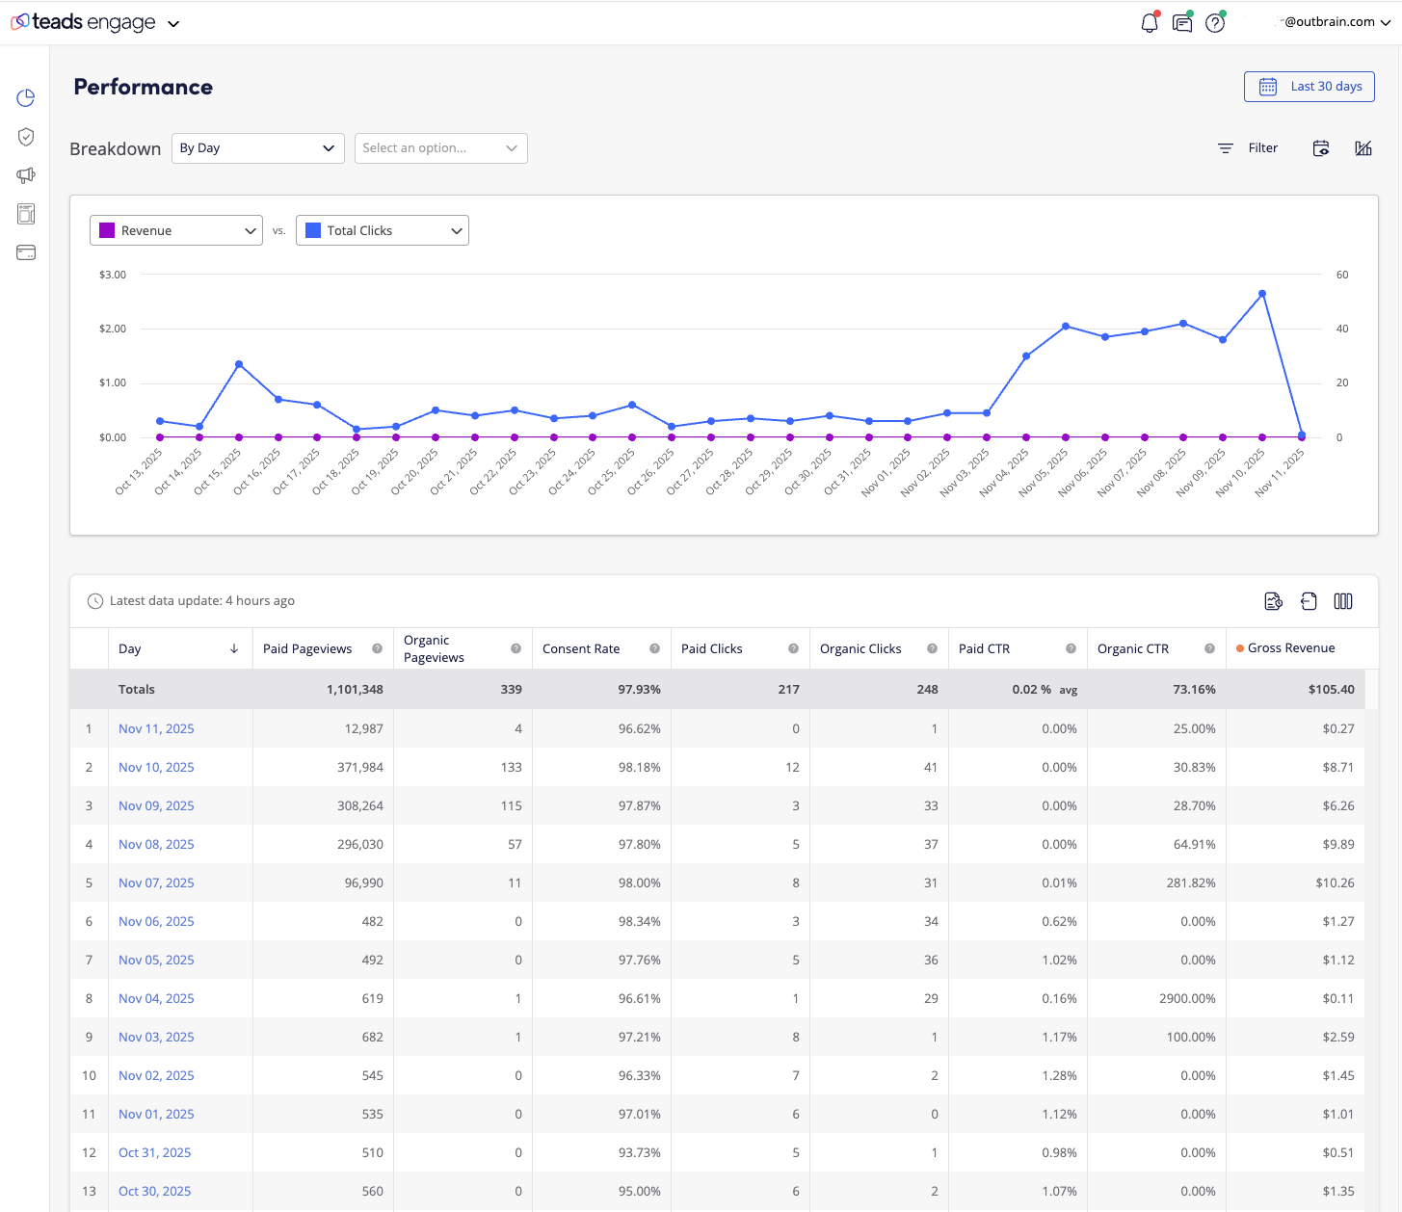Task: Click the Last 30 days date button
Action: [x=1309, y=87]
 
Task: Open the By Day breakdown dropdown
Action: [x=257, y=148]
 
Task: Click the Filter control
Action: [x=1248, y=148]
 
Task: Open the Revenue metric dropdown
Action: [x=176, y=230]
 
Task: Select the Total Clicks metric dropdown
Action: [x=383, y=230]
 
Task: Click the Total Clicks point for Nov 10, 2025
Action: [x=1262, y=294]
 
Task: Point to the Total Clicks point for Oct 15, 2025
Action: [x=239, y=364]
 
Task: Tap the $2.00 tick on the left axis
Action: [x=113, y=329]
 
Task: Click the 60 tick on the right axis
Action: [x=1342, y=276]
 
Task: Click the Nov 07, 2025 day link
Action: [x=156, y=883]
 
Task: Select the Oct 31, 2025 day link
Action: [x=154, y=1152]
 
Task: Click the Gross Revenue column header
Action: [x=1291, y=648]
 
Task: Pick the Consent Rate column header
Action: [x=581, y=649]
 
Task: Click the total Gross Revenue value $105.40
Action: [x=1331, y=690]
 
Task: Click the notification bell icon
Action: [x=1149, y=23]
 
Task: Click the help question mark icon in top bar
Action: [x=1215, y=23]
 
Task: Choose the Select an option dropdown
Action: [x=440, y=148]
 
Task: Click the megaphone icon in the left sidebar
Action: [x=26, y=175]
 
